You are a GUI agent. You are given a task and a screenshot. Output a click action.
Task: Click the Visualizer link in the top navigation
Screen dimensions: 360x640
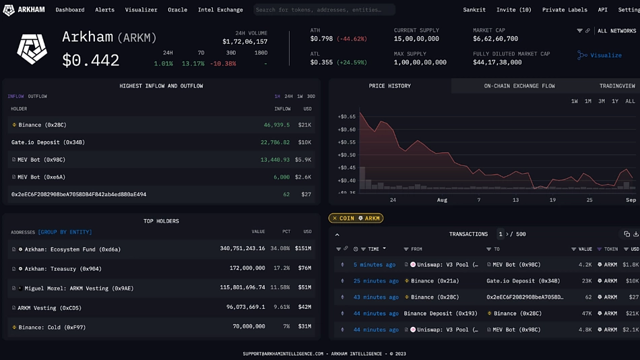click(141, 10)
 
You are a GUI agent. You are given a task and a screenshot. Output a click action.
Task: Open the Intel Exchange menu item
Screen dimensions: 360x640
click(220, 10)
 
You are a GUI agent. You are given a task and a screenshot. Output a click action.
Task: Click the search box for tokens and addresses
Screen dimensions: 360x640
click(324, 10)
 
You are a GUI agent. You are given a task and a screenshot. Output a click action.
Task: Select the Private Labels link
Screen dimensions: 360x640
click(565, 10)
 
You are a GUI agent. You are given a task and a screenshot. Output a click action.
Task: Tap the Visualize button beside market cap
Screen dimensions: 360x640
click(600, 55)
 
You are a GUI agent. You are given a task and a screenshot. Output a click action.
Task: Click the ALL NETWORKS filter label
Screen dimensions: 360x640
click(616, 31)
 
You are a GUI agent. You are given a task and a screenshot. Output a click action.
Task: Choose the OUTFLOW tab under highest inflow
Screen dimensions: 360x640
click(38, 96)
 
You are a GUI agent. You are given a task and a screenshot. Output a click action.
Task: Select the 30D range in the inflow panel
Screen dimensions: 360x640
click(311, 96)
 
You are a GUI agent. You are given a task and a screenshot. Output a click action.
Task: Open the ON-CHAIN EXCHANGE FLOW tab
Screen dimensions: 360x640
click(519, 86)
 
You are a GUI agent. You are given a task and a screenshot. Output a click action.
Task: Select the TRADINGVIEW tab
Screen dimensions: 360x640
click(617, 86)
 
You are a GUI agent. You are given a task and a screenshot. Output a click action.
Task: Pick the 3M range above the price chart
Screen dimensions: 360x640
click(602, 101)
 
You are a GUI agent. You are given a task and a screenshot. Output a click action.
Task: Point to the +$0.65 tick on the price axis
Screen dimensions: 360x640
click(346, 117)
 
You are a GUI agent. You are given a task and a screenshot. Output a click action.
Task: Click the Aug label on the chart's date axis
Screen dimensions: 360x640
click(442, 200)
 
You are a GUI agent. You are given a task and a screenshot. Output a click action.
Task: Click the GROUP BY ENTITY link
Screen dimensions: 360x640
click(65, 232)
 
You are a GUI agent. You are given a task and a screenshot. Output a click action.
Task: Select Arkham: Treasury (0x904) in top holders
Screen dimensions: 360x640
click(63, 268)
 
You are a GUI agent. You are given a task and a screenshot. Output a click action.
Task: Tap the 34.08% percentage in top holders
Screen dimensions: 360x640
click(280, 249)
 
